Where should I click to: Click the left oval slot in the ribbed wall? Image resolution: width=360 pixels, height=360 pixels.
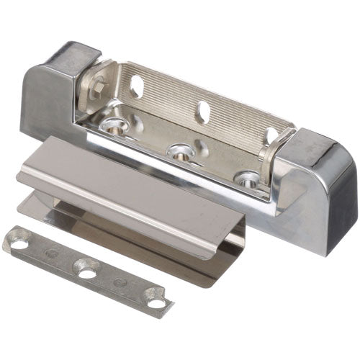pyautogui.click(x=137, y=86)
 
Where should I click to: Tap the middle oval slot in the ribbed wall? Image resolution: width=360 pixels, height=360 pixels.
pyautogui.click(x=203, y=111)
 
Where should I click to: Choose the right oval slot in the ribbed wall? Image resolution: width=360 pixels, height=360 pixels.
pyautogui.click(x=270, y=135)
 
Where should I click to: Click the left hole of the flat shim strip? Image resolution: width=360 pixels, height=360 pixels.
pyautogui.click(x=19, y=243)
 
